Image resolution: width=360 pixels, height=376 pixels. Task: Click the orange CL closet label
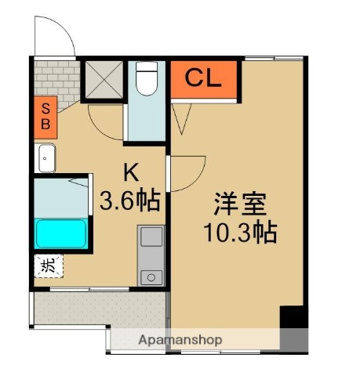coord(202,79)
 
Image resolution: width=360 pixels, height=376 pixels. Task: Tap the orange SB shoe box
coord(44,115)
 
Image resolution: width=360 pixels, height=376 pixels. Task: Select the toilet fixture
coord(147,80)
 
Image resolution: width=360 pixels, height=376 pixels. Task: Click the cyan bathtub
coord(62,233)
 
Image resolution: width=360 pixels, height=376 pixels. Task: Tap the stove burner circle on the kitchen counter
coord(150,277)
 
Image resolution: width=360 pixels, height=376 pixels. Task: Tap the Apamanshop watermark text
coord(180,340)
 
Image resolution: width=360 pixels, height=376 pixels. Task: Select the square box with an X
coord(103,79)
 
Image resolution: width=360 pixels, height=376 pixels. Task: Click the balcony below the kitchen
coord(98,311)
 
